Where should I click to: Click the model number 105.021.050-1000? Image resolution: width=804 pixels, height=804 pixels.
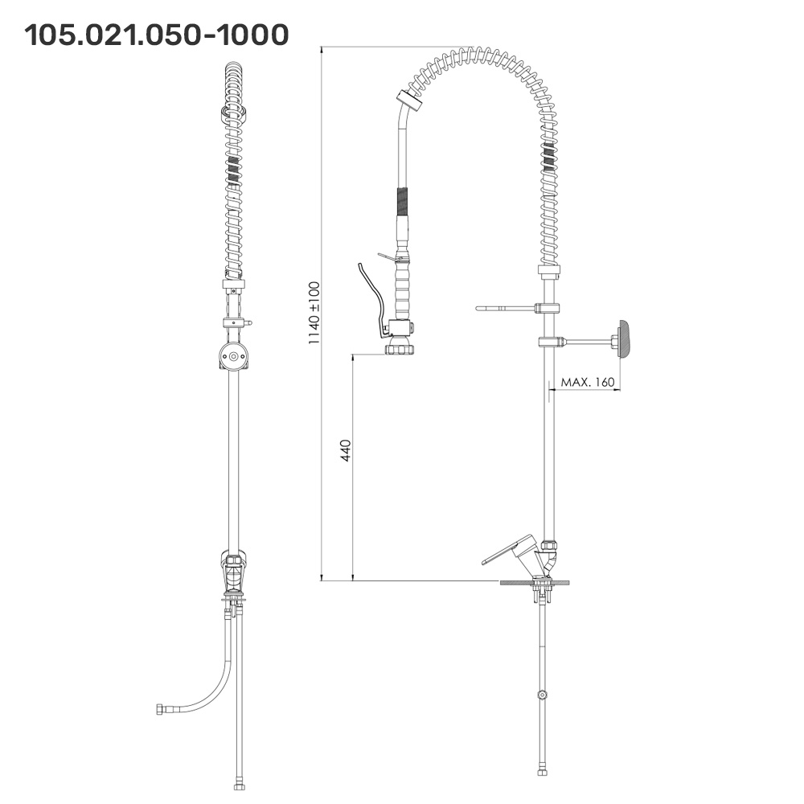(157, 35)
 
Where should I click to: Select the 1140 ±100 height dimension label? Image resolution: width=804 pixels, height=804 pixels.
(314, 313)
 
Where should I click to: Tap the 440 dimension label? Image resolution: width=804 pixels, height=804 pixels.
(346, 450)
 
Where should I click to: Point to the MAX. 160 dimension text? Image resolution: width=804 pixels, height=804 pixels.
(587, 382)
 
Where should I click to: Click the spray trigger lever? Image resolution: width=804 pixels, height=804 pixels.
(371, 300)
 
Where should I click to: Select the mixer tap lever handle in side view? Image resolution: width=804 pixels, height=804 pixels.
(507, 550)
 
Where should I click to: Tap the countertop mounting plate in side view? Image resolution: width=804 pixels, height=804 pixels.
(535, 582)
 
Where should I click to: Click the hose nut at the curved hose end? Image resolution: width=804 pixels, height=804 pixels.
(160, 710)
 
